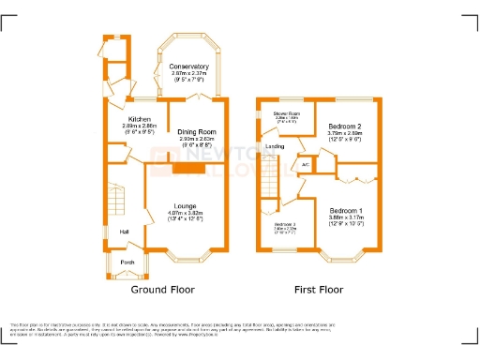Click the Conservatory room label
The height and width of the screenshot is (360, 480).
click(189, 67)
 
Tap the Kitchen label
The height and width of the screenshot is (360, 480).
click(140, 120)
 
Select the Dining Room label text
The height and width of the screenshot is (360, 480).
click(197, 132)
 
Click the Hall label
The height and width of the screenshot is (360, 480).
click(123, 232)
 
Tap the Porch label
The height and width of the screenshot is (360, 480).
click(127, 262)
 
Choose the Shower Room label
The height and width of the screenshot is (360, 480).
click(285, 114)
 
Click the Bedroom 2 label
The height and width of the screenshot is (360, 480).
click(345, 125)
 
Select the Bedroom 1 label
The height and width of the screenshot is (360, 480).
click(346, 210)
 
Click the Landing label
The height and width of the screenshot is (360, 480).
click(275, 147)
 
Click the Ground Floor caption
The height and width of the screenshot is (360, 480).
click(168, 291)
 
